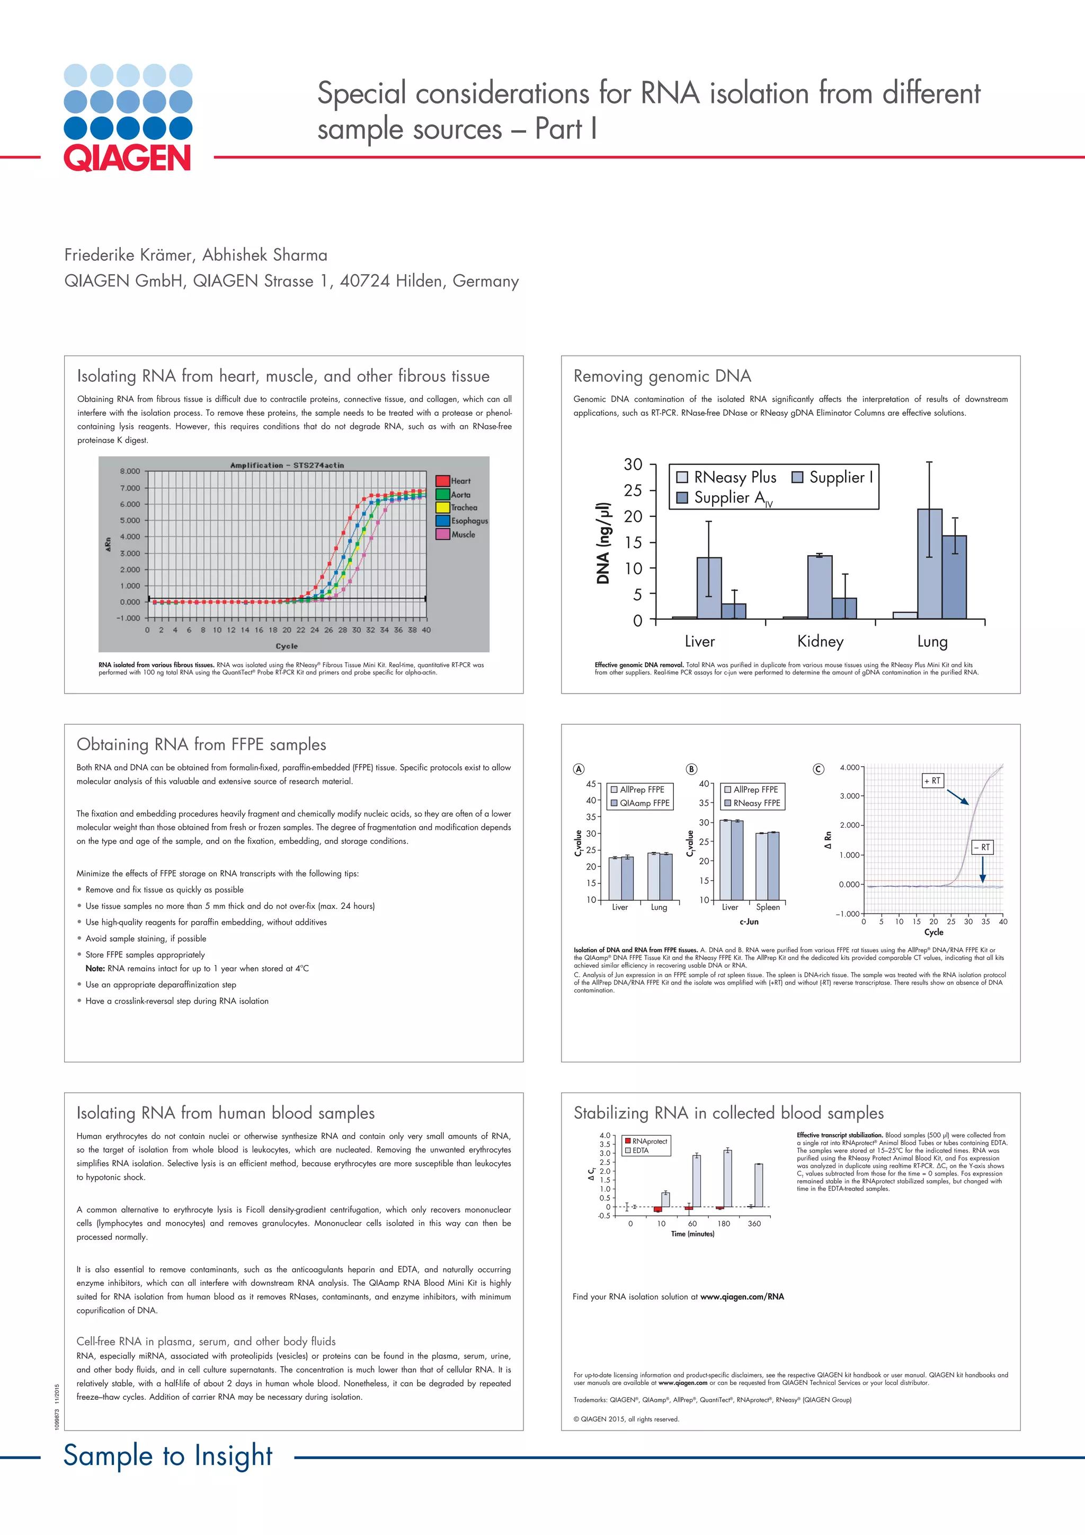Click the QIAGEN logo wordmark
click(127, 159)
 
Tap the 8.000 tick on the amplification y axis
click(130, 471)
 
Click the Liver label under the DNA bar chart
click(699, 642)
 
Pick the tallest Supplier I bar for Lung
click(929, 564)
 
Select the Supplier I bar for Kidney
click(820, 586)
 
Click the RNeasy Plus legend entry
click(726, 477)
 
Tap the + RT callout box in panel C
click(932, 780)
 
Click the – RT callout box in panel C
click(982, 847)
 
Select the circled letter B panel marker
click(691, 769)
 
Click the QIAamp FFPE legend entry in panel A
click(639, 803)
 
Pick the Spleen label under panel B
click(768, 907)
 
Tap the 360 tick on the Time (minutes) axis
click(754, 1223)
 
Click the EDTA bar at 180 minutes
click(727, 1178)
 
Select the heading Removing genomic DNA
click(662, 376)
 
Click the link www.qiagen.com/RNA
click(742, 1296)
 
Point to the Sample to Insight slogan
click(168, 1455)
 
